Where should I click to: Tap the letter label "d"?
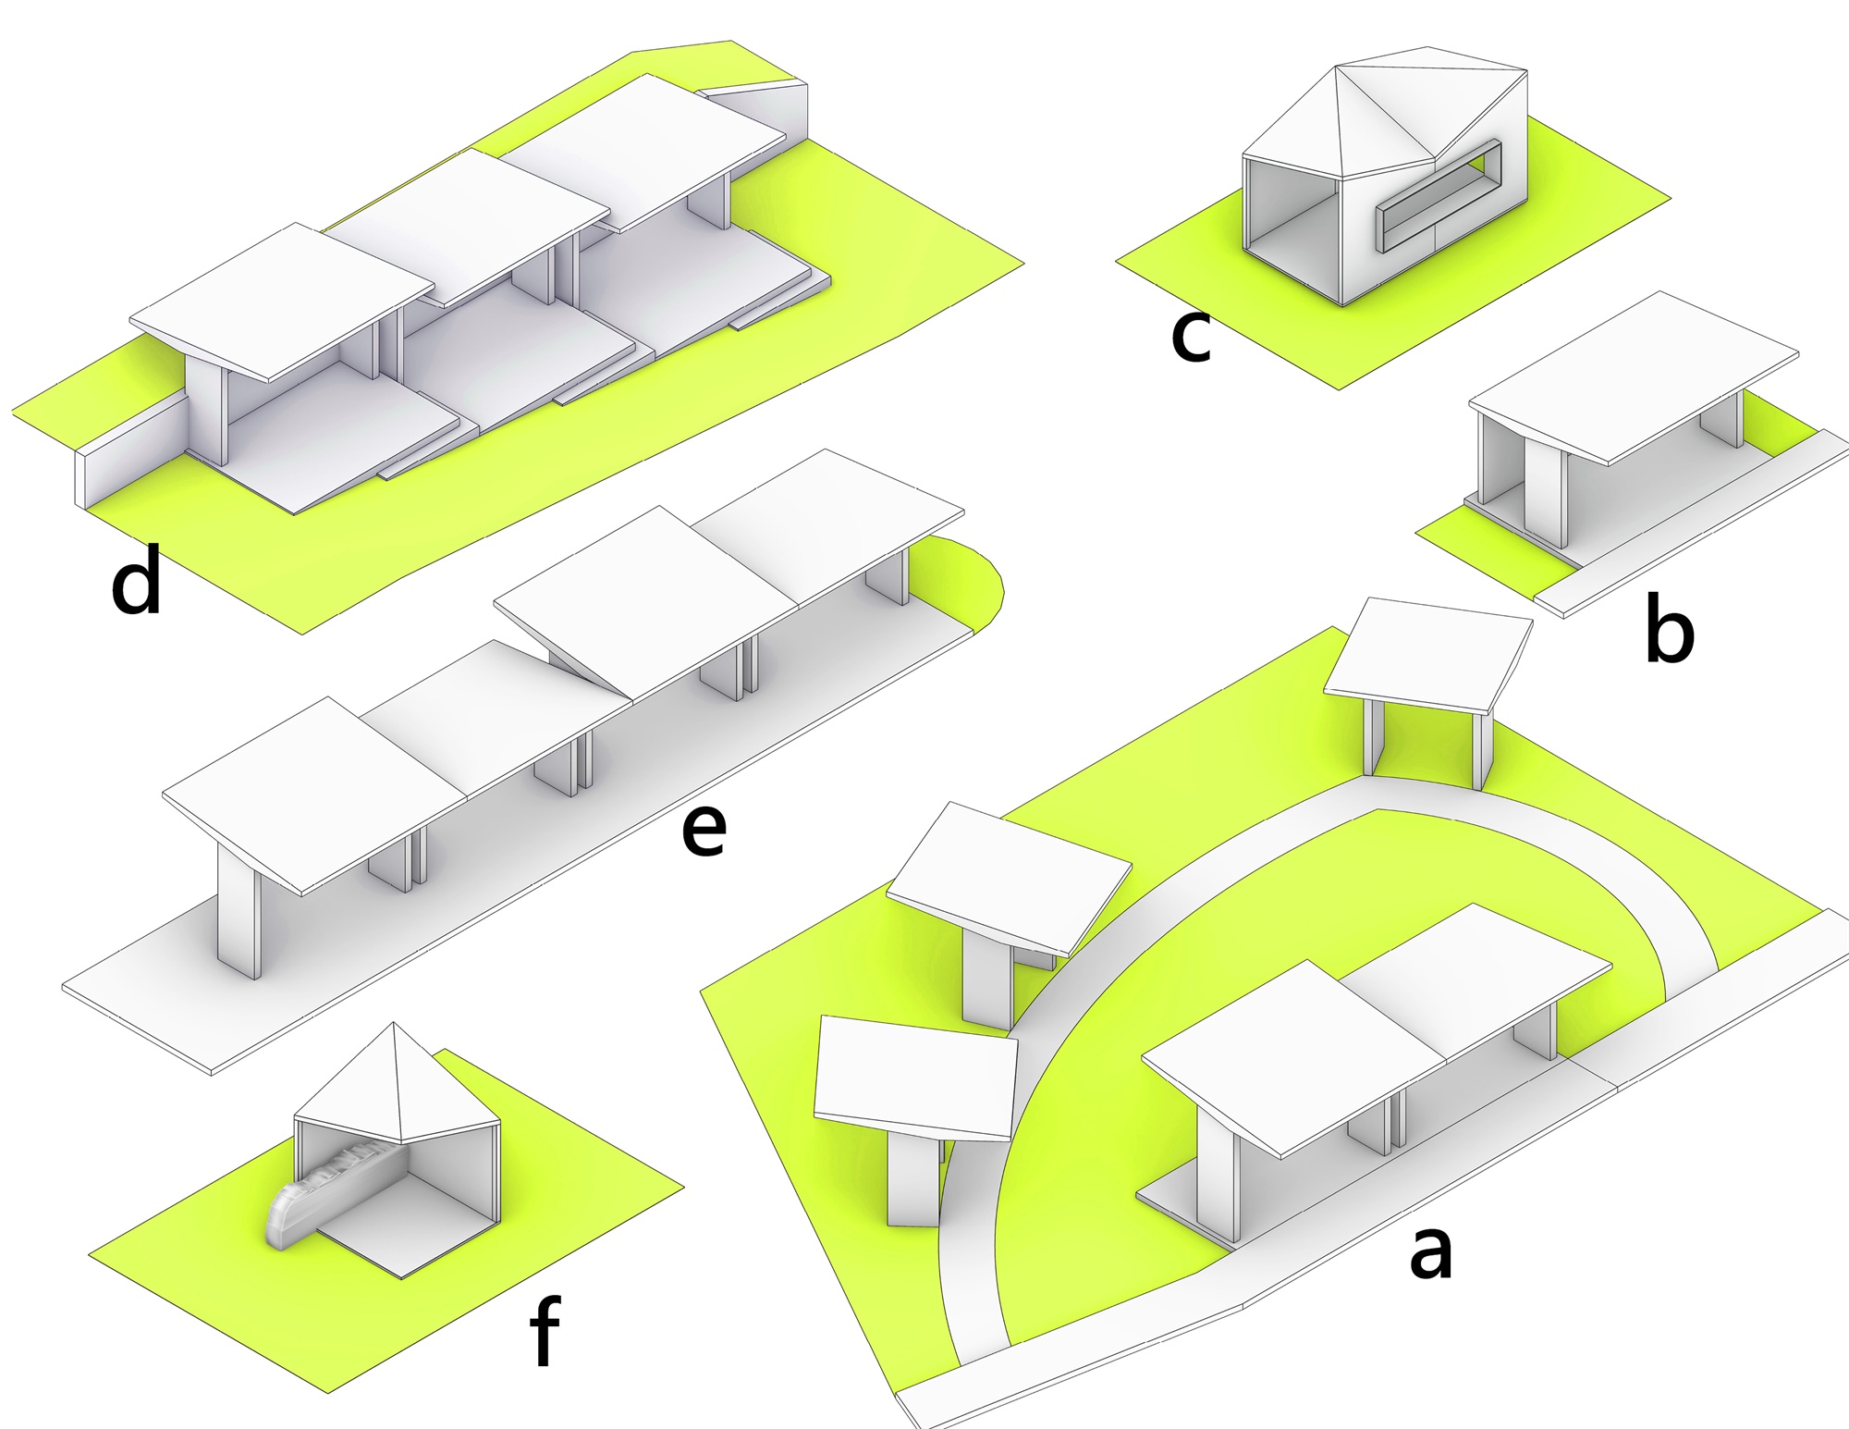point(137,580)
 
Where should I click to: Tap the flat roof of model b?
point(1634,377)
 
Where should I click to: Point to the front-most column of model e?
point(239,916)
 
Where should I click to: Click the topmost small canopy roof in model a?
point(1428,652)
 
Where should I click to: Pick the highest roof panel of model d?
point(643,148)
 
